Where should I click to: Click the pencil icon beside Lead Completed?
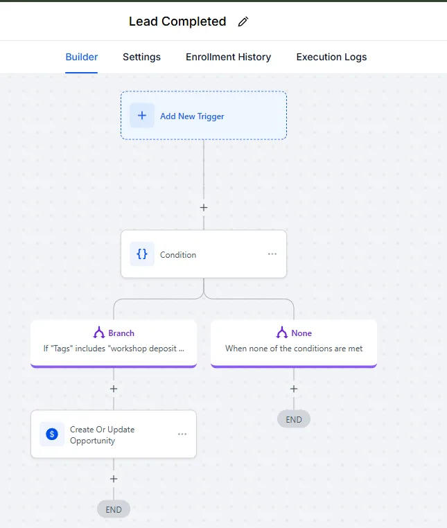(243, 21)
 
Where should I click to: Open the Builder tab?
(82, 57)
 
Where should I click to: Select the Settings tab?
(141, 57)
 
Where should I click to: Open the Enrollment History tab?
(229, 57)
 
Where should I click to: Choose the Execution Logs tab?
(331, 57)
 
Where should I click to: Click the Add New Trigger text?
(192, 116)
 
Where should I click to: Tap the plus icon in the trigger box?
(142, 116)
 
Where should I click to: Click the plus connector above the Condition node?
(204, 207)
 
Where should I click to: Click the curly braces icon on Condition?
(142, 254)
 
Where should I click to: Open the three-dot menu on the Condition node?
(272, 254)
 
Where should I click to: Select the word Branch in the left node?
(121, 333)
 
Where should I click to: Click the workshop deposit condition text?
(114, 349)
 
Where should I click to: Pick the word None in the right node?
(301, 333)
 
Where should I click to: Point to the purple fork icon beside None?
(282, 333)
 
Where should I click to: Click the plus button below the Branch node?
(114, 389)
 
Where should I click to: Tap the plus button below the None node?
(294, 389)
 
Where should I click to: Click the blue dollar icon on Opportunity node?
(52, 434)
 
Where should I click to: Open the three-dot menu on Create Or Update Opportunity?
(182, 434)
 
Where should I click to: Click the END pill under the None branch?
(294, 419)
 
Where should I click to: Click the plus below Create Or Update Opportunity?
(114, 479)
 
